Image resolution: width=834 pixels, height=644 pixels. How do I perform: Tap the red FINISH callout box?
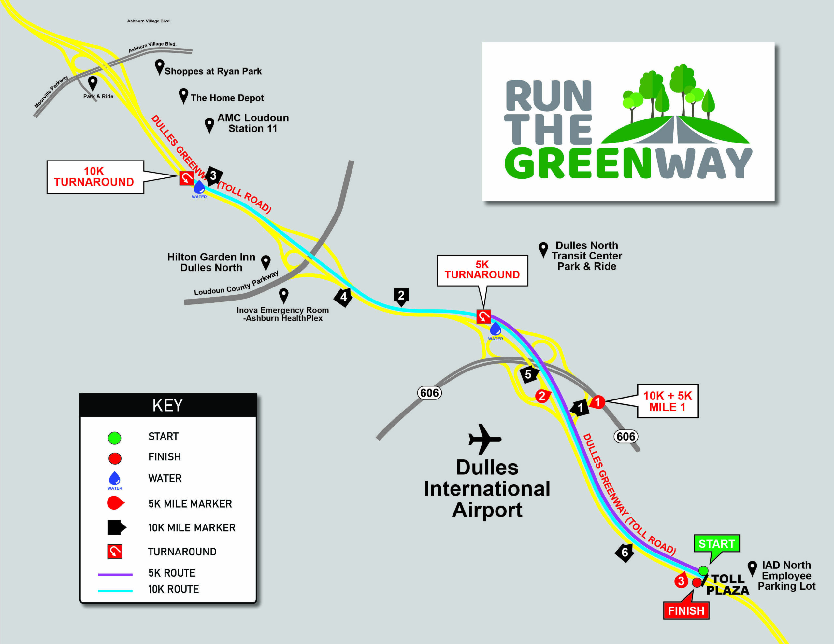click(x=686, y=610)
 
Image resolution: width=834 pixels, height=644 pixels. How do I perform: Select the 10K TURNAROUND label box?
click(x=95, y=177)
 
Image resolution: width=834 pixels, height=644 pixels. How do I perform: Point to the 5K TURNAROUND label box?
click(x=482, y=270)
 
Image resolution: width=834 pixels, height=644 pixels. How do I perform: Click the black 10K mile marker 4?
click(x=343, y=297)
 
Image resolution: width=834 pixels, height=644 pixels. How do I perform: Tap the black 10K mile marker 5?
click(x=529, y=374)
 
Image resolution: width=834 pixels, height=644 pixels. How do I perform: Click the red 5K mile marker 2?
click(x=542, y=396)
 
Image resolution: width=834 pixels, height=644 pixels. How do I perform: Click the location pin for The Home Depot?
click(x=184, y=96)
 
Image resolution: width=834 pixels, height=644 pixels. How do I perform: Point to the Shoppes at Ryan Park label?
click(x=213, y=71)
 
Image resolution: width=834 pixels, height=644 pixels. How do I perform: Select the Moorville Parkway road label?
click(x=51, y=91)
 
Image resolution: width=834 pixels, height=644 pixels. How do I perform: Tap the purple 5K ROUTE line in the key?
click(x=115, y=574)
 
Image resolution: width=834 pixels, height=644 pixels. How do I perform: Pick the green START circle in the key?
click(x=115, y=438)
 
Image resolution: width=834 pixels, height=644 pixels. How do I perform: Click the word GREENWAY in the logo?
click(x=628, y=163)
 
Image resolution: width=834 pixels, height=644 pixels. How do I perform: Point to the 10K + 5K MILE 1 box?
click(x=668, y=401)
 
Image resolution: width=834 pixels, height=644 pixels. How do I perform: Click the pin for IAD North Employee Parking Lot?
click(x=752, y=568)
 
